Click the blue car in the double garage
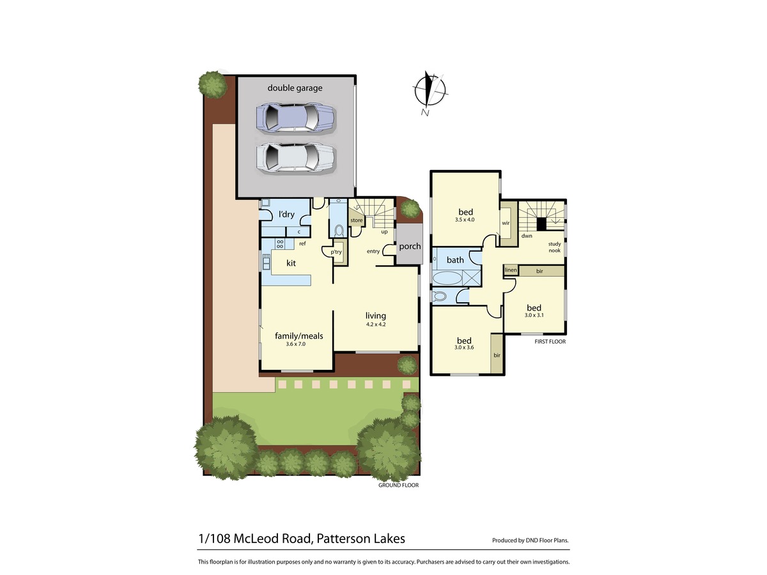click(296, 118)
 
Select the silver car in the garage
click(296, 158)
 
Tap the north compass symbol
click(430, 92)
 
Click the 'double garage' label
click(295, 88)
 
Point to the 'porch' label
click(410, 247)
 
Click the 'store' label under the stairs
click(357, 220)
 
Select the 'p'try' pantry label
click(336, 252)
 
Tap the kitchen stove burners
click(280, 243)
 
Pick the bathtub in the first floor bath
click(447, 279)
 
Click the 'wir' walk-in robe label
click(506, 223)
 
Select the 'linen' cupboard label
click(511, 270)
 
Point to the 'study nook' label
click(554, 247)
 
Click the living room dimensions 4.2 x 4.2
click(376, 325)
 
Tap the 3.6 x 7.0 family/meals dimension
click(296, 344)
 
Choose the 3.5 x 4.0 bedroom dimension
click(465, 220)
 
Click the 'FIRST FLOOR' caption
click(550, 341)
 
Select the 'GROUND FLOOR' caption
click(398, 485)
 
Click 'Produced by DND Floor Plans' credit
click(531, 540)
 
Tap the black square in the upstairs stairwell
click(541, 224)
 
